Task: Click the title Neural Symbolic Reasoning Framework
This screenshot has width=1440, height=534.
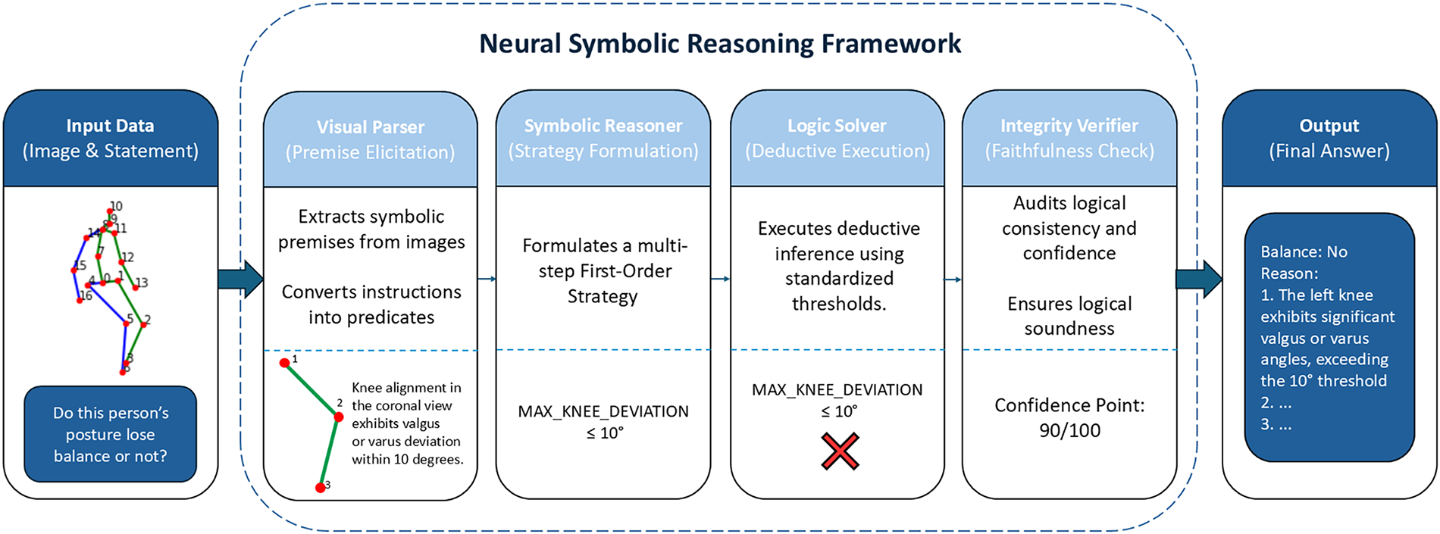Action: point(720,44)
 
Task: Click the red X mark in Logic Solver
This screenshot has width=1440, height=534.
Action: point(840,451)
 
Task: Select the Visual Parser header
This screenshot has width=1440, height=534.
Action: point(371,139)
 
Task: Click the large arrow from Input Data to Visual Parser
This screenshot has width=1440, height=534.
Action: point(240,279)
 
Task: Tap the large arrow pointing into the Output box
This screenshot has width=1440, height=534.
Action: point(1199,279)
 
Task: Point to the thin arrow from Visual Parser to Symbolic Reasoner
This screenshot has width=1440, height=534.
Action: point(487,279)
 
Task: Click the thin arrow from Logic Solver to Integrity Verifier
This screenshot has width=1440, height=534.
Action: point(953,279)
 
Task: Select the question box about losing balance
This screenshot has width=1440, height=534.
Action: point(111,434)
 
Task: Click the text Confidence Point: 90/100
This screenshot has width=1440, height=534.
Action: point(1069,417)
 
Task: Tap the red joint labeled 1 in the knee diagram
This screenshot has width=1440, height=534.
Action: point(285,364)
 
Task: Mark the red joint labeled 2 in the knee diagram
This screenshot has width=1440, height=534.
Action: point(338,417)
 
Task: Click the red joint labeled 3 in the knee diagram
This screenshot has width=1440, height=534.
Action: point(321,488)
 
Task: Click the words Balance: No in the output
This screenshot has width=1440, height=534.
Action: point(1304,251)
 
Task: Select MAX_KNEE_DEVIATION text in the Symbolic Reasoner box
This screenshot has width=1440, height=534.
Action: point(603,411)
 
